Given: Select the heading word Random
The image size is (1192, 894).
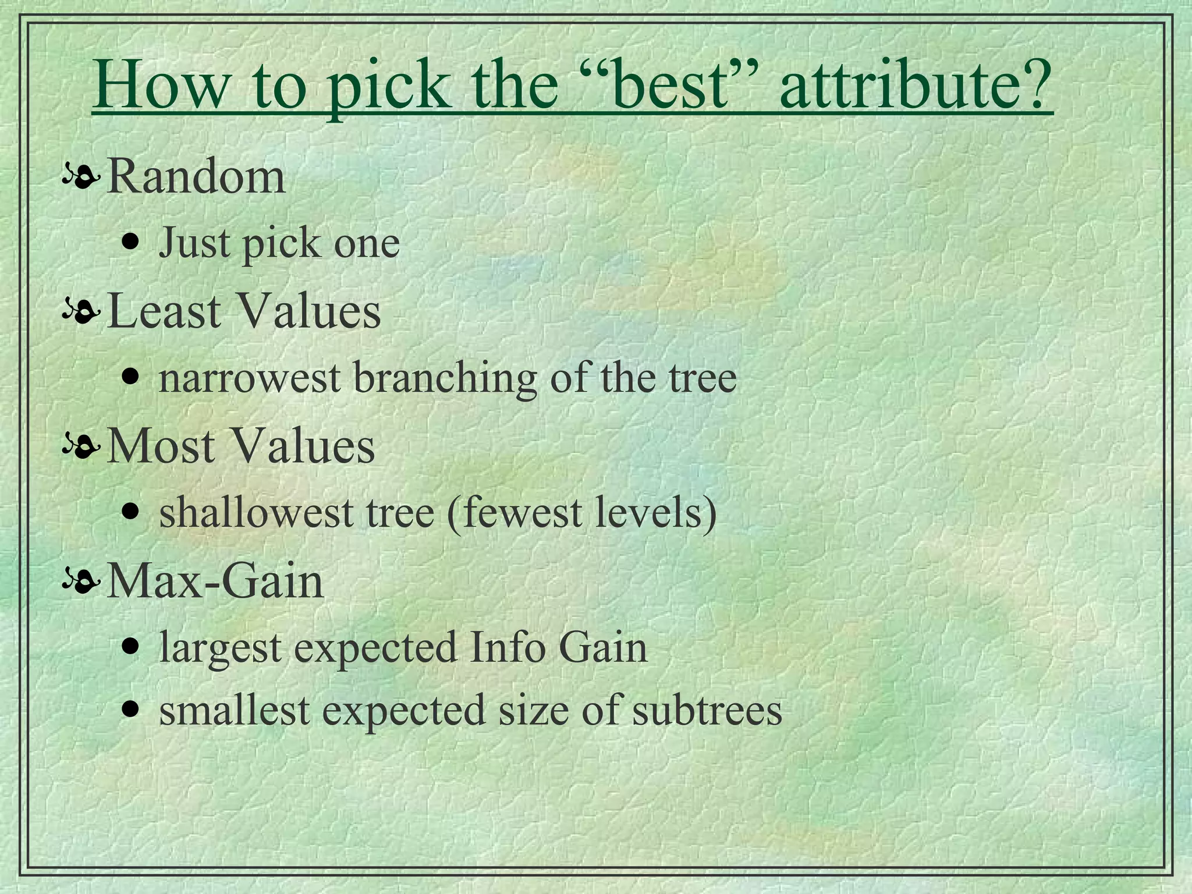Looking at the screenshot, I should coord(196,177).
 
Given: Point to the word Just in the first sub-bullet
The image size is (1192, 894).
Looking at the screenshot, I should coord(194,243).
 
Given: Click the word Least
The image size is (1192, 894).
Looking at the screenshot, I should coord(165,311).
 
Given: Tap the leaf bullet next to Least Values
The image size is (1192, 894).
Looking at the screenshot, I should coord(81,313).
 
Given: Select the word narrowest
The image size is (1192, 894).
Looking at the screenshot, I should coord(249,378).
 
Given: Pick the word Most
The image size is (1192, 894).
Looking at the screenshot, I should coord(161,447).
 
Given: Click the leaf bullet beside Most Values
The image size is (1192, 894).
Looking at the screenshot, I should coord(81,448).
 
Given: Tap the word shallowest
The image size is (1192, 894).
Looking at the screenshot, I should coord(256,513).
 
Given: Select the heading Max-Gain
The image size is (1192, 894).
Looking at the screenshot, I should coord(215,582).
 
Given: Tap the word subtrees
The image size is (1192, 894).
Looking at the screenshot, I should coord(707,711).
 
